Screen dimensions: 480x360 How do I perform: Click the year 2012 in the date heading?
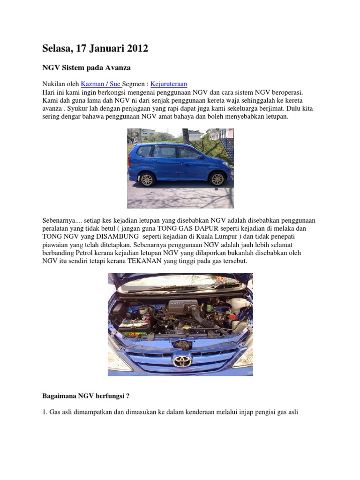(135, 48)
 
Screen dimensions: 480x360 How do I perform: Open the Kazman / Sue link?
(101, 84)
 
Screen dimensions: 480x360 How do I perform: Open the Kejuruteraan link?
(169, 84)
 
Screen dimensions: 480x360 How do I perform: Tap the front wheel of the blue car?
(217, 179)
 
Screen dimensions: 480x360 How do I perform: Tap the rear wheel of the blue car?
(147, 179)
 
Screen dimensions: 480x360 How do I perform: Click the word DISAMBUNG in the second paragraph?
(116, 236)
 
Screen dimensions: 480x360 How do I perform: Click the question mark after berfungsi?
(127, 396)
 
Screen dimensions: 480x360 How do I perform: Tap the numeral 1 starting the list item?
(44, 412)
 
